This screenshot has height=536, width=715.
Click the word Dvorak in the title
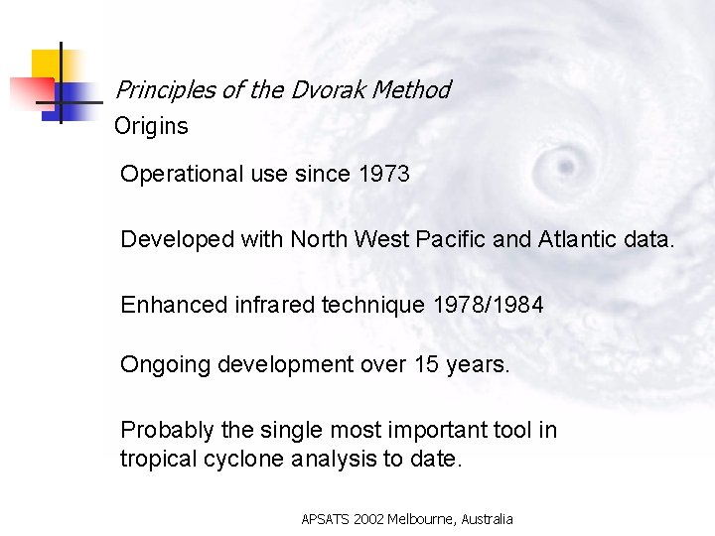click(327, 90)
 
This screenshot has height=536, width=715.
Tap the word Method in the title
click(411, 90)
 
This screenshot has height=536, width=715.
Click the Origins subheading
click(151, 127)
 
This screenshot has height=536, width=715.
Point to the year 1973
click(383, 174)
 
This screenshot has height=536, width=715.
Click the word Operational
click(181, 175)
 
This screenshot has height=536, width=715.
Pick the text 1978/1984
click(489, 305)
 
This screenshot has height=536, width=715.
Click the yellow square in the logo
click(45, 65)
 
